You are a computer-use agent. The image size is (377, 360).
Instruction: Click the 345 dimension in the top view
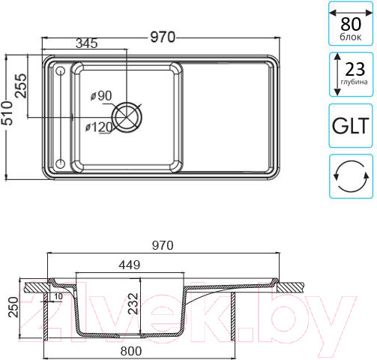pos(87,43)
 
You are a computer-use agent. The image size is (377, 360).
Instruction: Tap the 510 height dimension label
pos(7,113)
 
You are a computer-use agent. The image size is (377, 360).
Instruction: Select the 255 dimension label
pos(20,85)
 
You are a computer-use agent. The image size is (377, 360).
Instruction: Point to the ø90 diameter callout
pos(101,96)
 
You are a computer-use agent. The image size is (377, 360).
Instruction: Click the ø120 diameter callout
pos(99,127)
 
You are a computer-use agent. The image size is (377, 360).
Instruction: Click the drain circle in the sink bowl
pos(127,117)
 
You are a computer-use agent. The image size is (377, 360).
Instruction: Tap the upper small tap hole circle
pos(60,71)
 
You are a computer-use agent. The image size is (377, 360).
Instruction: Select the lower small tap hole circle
pos(60,163)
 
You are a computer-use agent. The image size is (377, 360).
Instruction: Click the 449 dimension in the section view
pos(130,265)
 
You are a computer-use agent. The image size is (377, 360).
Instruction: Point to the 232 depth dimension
pos(133,304)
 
